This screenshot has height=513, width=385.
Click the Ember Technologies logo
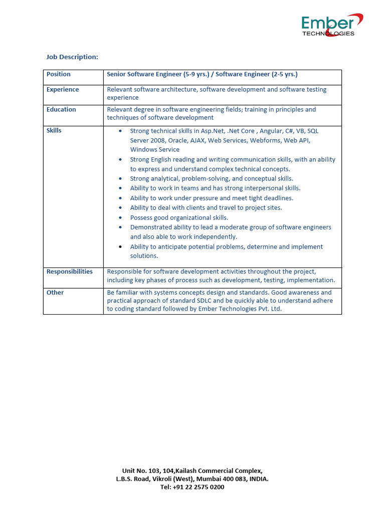(x=331, y=25)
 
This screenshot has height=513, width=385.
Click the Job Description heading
(x=72, y=57)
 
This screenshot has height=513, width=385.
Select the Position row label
(x=59, y=74)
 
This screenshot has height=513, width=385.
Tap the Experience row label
(x=63, y=90)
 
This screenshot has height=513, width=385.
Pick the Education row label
(x=61, y=110)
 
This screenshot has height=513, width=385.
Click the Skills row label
(x=54, y=130)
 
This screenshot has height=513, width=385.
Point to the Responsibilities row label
(x=70, y=272)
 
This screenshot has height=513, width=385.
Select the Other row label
(x=55, y=293)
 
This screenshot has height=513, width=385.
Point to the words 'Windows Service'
(x=155, y=150)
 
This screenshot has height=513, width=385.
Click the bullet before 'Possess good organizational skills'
(x=120, y=218)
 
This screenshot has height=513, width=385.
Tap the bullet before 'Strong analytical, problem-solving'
(x=120, y=179)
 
